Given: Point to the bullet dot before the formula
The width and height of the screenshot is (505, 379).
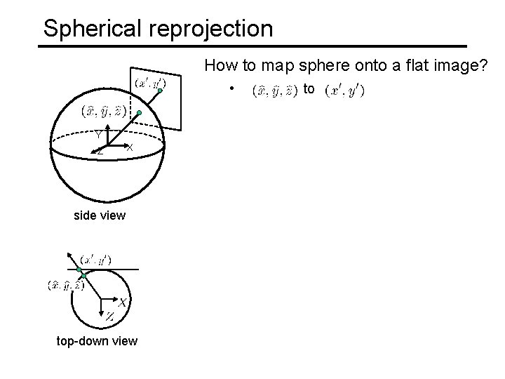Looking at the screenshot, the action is (x=231, y=90).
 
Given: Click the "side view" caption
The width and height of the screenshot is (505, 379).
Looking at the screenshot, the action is (x=100, y=215).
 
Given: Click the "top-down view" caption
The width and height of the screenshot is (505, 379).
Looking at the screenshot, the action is (x=97, y=341).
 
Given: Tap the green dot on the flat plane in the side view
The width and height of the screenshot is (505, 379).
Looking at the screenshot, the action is (x=161, y=91).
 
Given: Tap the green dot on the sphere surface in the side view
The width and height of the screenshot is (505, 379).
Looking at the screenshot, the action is (x=140, y=112).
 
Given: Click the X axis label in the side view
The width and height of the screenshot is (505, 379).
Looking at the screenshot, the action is (x=130, y=147).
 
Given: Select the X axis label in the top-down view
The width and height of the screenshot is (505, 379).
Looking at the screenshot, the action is (x=122, y=302).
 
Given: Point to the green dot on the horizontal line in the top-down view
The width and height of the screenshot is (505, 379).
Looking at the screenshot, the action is (x=79, y=270).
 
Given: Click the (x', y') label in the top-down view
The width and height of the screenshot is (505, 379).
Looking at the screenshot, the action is (x=97, y=259).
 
